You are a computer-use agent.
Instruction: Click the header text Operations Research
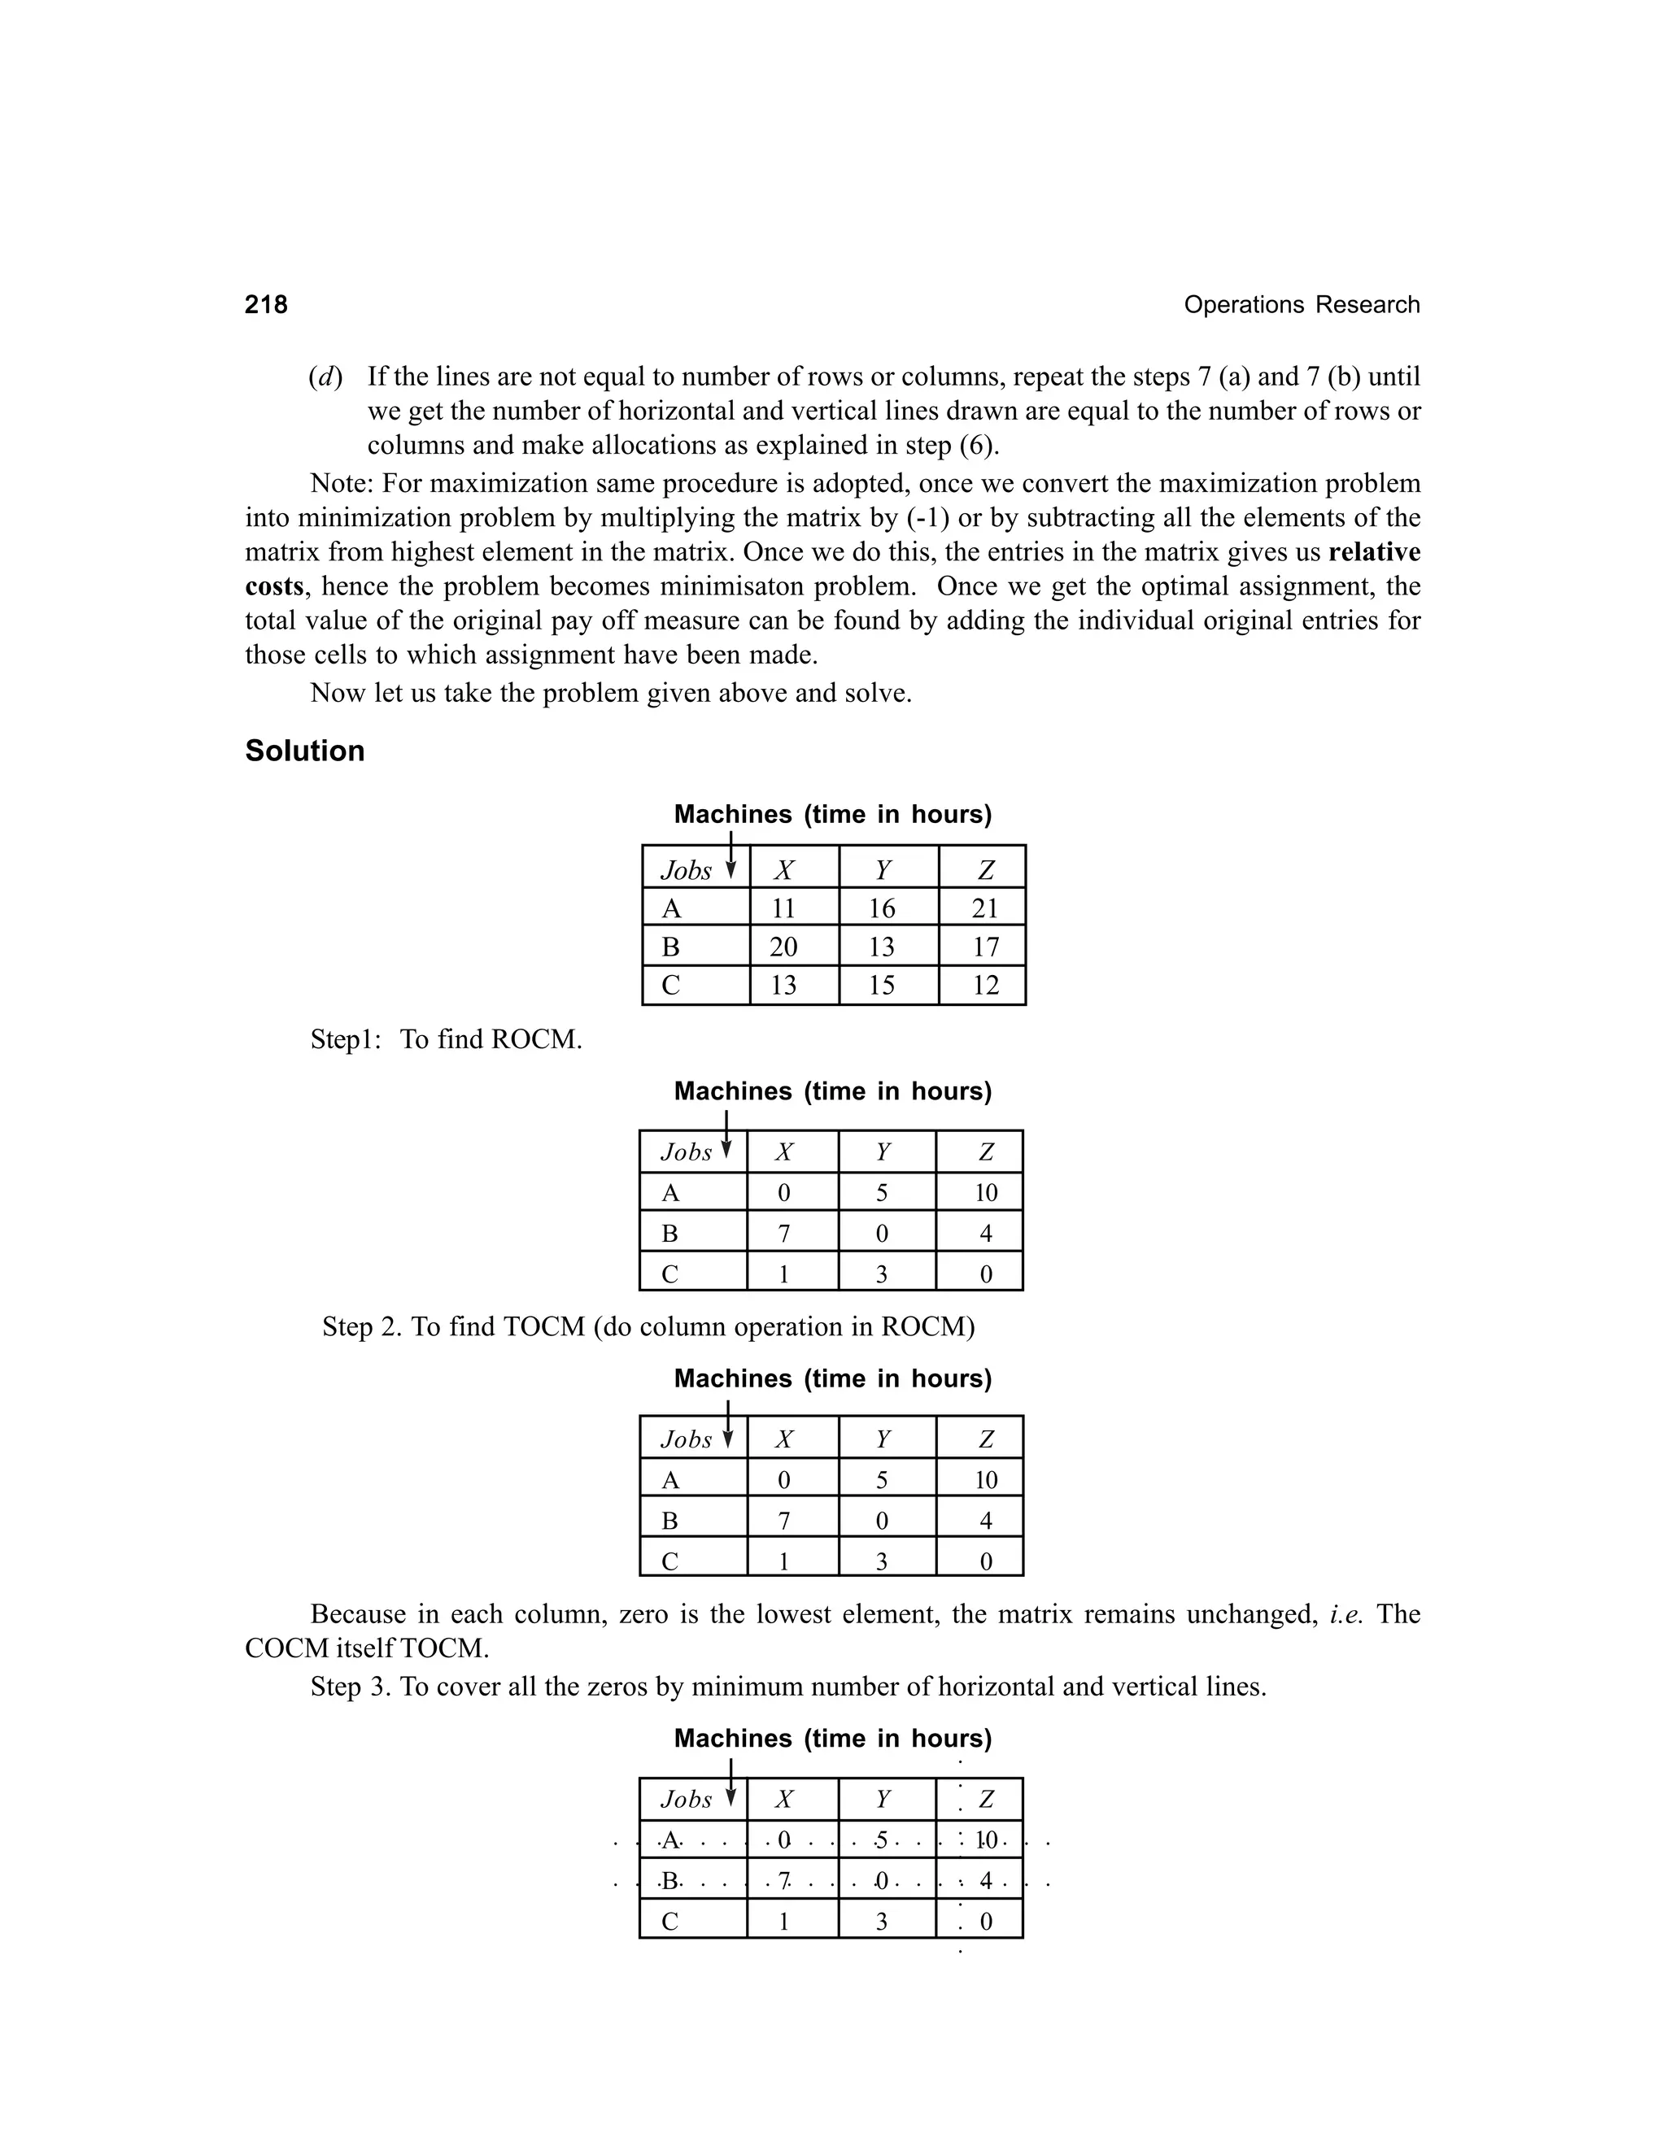point(1301,305)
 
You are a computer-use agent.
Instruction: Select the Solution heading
point(305,751)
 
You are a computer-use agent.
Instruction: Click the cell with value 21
point(984,908)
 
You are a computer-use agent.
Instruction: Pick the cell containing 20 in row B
point(783,947)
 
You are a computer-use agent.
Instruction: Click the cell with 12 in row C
point(984,985)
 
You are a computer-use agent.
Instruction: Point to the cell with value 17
point(984,947)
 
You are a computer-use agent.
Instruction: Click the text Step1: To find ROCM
point(446,1039)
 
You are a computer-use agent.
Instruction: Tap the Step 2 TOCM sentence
point(648,1326)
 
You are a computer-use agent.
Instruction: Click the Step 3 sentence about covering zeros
point(787,1687)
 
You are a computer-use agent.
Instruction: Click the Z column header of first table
point(984,869)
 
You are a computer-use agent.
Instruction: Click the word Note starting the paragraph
point(341,484)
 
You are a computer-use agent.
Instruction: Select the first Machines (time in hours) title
point(832,814)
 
